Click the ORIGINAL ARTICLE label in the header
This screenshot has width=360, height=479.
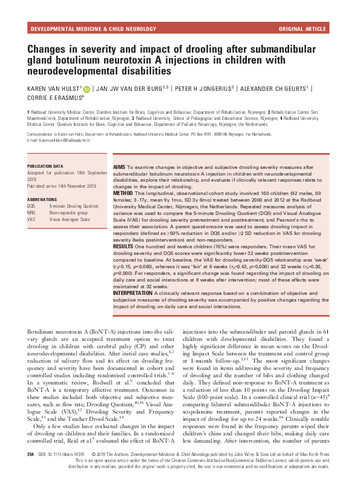click(x=304, y=28)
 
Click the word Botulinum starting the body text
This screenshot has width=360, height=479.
click(x=44, y=332)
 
